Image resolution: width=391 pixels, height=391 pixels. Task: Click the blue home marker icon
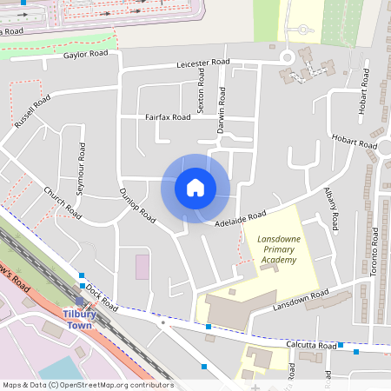point(195,187)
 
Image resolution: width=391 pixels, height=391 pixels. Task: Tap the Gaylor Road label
point(85,54)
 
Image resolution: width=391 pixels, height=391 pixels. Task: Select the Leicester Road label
point(202,63)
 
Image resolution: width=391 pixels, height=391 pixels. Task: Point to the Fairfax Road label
point(168,116)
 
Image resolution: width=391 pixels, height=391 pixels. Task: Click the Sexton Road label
point(201,86)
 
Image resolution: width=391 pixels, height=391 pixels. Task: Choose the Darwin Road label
point(222,103)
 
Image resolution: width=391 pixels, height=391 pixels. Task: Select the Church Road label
point(63,202)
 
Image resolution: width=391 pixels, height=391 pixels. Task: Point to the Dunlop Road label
point(136,204)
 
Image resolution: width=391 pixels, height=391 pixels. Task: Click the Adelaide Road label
point(240,222)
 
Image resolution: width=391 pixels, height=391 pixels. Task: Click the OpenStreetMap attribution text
point(87,385)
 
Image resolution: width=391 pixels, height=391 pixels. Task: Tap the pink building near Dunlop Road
point(142,267)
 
